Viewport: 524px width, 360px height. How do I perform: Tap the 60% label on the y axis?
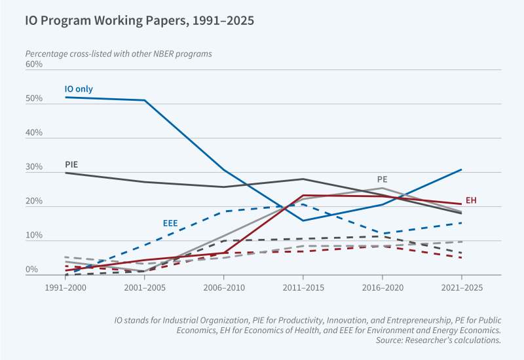point(34,64)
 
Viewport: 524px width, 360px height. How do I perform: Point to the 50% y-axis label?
point(34,99)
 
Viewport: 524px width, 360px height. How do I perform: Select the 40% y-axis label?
point(34,133)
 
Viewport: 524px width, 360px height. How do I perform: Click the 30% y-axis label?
point(34,168)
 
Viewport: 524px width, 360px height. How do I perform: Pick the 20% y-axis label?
point(34,202)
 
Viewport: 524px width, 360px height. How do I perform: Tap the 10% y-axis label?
point(34,236)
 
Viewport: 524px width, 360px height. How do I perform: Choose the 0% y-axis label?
point(32,270)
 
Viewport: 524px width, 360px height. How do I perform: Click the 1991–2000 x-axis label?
point(65,287)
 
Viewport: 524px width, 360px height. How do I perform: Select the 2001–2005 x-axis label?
point(145,287)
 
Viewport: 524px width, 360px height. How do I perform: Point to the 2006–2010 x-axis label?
point(224,287)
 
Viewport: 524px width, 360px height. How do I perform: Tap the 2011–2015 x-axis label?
point(303,287)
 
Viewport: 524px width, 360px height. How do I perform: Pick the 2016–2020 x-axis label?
point(383,287)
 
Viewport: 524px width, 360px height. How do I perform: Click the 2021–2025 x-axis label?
point(461,287)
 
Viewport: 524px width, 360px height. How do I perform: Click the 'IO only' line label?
point(79,88)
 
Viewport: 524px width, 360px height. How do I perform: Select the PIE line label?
point(71,164)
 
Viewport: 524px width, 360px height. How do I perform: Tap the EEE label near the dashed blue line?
point(170,223)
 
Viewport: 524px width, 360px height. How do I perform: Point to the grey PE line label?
point(383,179)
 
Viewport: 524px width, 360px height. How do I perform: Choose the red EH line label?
point(471,200)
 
